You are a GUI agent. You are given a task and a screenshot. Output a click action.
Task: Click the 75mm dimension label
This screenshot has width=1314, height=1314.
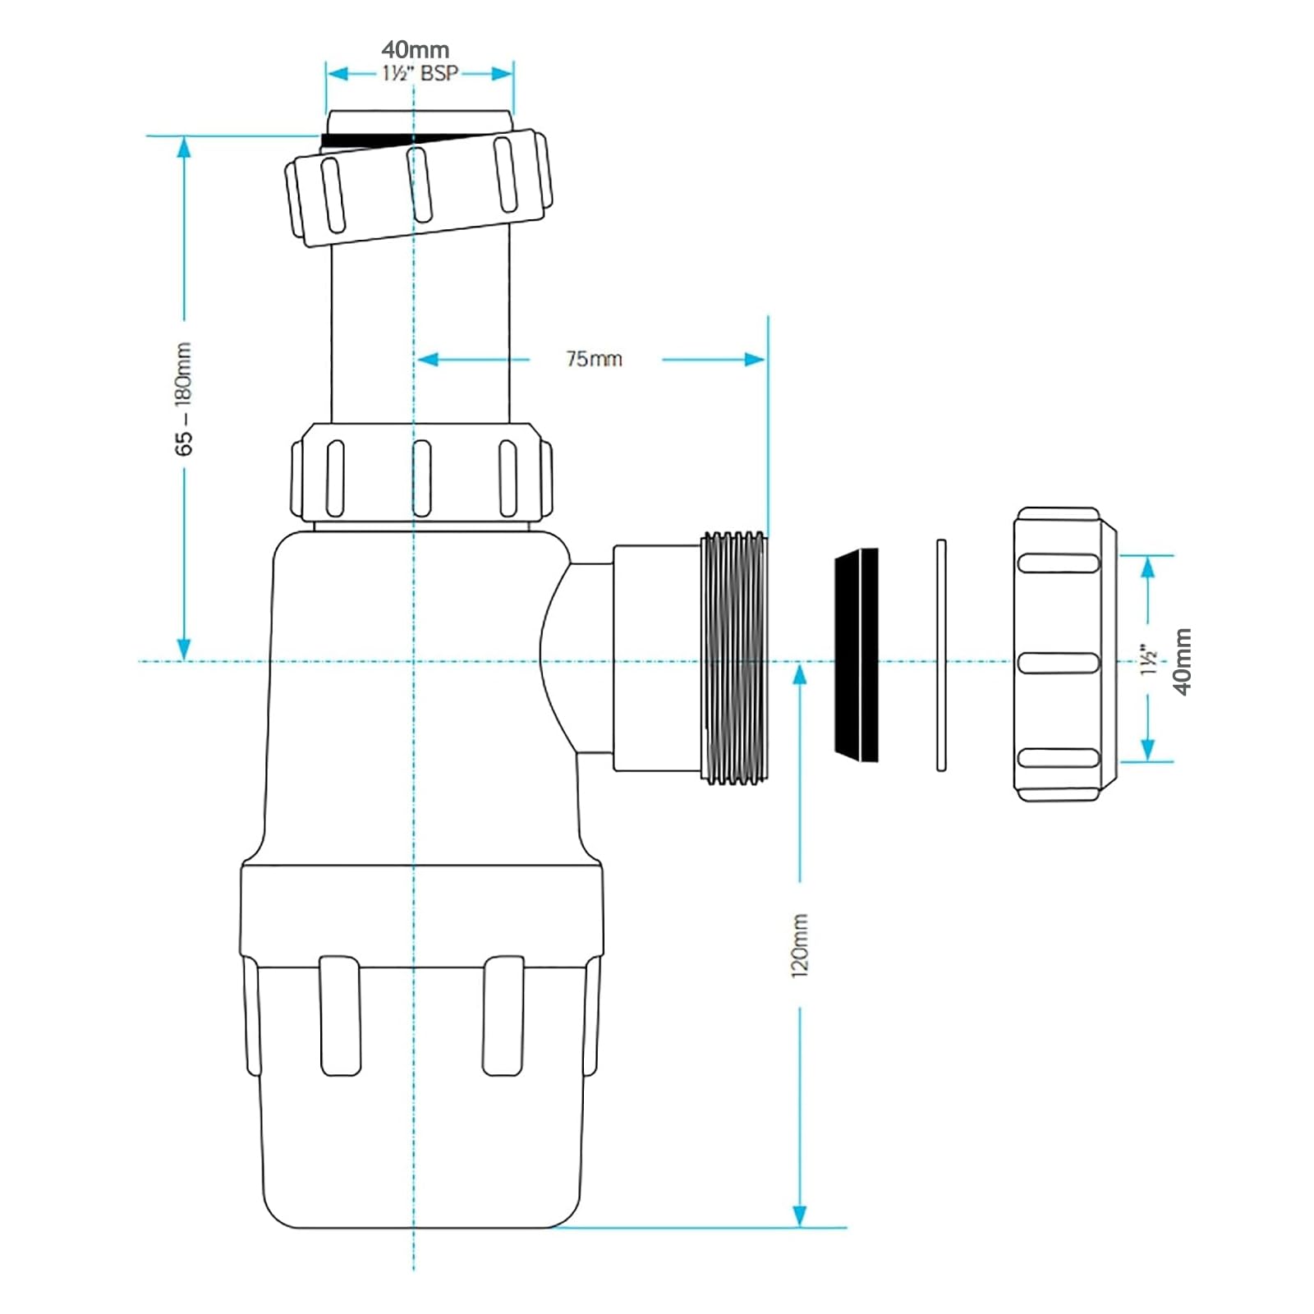click(x=594, y=359)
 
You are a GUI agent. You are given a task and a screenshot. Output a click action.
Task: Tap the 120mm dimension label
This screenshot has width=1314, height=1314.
click(x=799, y=944)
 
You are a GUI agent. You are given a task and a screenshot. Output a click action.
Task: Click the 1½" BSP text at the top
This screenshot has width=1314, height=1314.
click(x=420, y=73)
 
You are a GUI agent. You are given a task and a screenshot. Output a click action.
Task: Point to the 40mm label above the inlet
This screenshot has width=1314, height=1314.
click(x=416, y=50)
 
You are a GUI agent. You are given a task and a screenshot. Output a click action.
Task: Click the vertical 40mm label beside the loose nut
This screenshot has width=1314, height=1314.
click(x=1182, y=661)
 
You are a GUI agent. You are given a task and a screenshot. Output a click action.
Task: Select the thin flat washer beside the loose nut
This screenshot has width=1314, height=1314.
click(x=941, y=655)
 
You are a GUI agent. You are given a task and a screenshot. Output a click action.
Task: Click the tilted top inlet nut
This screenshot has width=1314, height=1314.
click(x=419, y=187)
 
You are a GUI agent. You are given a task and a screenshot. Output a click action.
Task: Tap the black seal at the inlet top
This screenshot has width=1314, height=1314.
click(x=394, y=140)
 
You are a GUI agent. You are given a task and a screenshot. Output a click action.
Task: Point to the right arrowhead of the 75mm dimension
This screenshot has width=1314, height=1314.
click(x=754, y=359)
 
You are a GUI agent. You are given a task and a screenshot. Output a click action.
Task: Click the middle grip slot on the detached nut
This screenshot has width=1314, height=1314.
click(x=1058, y=662)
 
